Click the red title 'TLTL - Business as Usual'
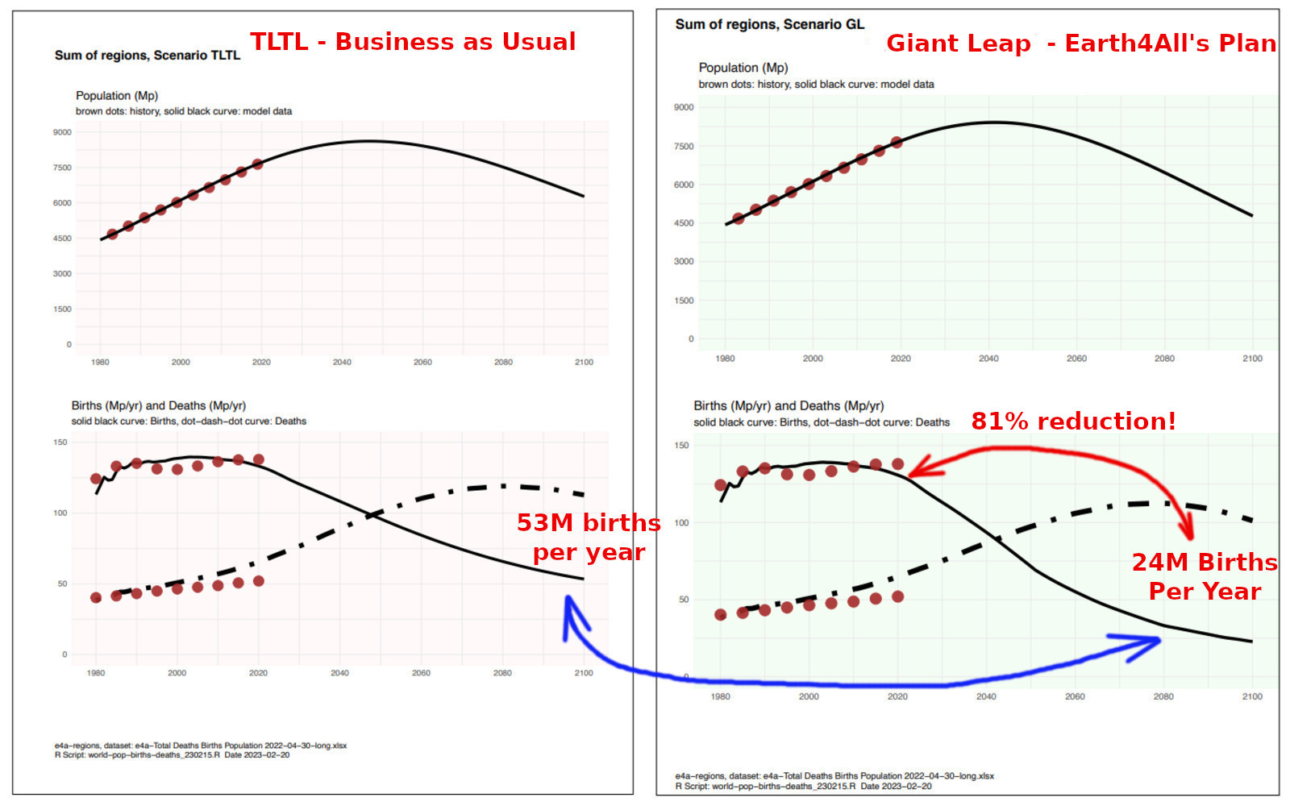413,42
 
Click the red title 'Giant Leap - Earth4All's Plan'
1080,44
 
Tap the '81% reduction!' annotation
1073,422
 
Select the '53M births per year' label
589,538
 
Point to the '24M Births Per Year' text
1205,576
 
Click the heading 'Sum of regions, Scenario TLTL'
148,56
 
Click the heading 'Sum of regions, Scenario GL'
769,24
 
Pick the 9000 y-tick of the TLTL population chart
62,132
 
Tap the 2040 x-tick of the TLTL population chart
342,363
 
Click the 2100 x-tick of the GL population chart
1251,359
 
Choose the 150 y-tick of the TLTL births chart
60,442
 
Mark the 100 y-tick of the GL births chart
681,523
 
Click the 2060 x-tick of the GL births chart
1075,697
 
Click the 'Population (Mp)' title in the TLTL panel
117,96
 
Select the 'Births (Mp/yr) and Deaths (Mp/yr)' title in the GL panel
789,406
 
